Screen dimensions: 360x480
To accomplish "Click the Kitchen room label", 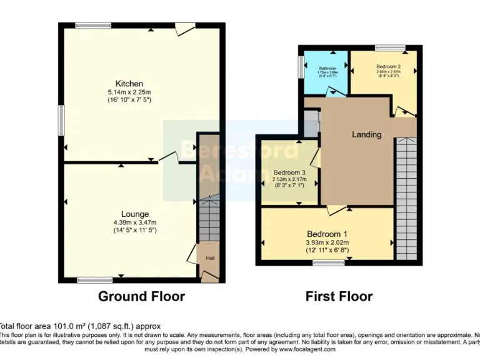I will click(x=129, y=84).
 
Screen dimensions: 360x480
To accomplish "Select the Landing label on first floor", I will click(x=366, y=134).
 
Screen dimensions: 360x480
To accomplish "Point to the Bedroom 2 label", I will click(x=388, y=66).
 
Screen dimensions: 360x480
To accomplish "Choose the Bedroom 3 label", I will click(x=289, y=172).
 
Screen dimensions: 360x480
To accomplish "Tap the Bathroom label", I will click(x=327, y=67).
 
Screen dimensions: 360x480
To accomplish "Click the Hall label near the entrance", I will click(x=209, y=257).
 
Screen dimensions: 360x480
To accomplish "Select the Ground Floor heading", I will click(x=141, y=296).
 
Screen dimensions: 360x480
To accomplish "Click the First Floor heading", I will click(x=339, y=296).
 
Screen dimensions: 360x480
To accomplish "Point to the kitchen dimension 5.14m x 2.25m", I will click(x=129, y=92).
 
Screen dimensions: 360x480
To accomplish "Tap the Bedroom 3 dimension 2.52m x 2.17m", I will click(x=289, y=180).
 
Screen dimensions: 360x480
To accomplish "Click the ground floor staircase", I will click(x=209, y=222).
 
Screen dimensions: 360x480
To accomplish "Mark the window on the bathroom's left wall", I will click(x=301, y=66).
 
